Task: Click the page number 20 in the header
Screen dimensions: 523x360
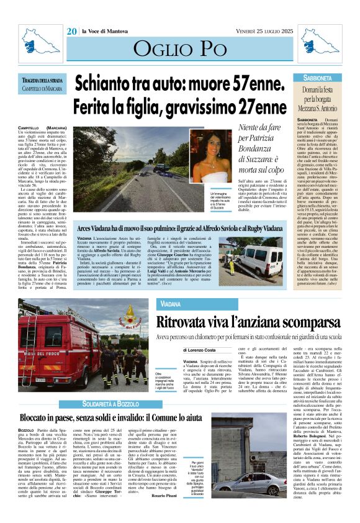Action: pos(72,30)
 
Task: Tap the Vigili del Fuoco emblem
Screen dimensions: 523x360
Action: pos(129,313)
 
